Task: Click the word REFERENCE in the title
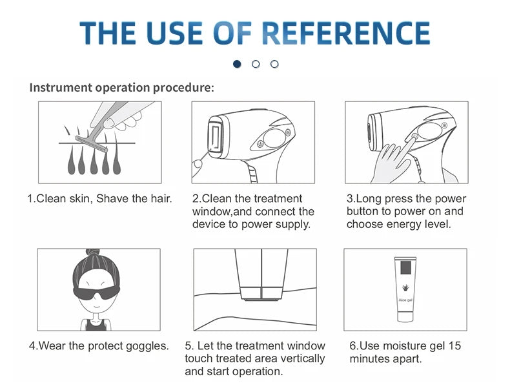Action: (x=346, y=33)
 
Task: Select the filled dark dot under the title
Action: (x=237, y=64)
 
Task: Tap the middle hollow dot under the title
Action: (x=256, y=64)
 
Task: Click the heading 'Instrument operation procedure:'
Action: (x=121, y=87)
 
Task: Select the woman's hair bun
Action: (x=99, y=256)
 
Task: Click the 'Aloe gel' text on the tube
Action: (x=405, y=300)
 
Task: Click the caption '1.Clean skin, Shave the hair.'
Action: (x=99, y=198)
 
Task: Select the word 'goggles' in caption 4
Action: (x=148, y=346)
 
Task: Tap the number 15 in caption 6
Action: (x=454, y=346)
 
